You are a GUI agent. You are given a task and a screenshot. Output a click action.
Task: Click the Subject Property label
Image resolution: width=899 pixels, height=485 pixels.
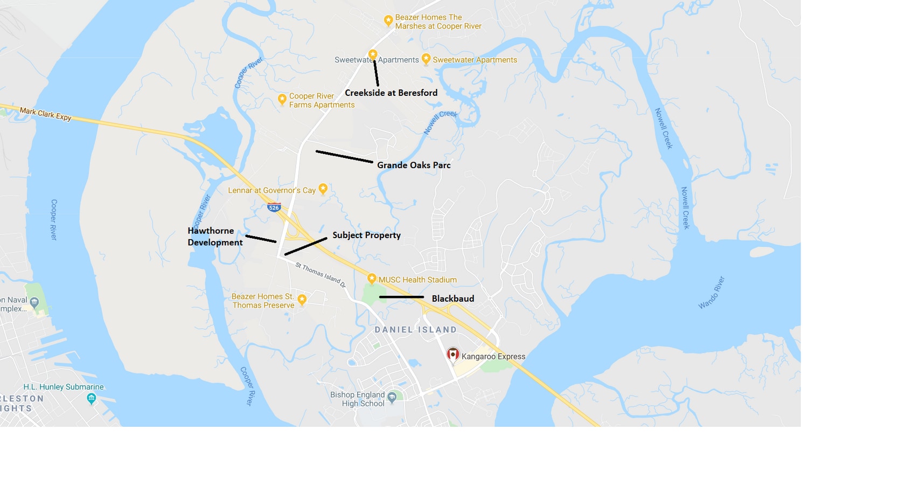[x=366, y=235]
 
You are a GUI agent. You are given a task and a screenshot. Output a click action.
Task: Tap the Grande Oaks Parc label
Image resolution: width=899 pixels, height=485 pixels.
[x=414, y=165]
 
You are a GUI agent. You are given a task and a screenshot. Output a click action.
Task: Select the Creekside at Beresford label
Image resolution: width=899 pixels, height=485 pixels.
[x=391, y=93]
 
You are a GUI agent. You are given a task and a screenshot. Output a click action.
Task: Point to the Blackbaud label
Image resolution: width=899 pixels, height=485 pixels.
[x=453, y=299]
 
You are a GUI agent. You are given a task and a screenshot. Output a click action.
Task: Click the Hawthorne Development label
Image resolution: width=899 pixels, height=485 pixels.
[x=214, y=237]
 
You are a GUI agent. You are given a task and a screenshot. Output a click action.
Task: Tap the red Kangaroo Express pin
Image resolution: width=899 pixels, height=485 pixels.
[x=453, y=355]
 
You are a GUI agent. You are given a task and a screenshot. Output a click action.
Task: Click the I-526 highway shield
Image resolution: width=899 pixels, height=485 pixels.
[x=274, y=207]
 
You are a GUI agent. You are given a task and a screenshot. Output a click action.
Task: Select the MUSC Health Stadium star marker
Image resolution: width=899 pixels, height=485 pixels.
[x=372, y=279]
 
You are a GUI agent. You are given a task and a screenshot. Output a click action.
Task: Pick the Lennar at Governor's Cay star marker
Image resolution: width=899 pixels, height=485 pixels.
[x=323, y=189]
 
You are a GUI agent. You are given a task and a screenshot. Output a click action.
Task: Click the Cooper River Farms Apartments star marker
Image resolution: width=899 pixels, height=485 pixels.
[x=282, y=99]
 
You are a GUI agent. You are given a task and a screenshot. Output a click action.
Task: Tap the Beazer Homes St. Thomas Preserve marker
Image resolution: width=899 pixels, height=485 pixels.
[x=302, y=299]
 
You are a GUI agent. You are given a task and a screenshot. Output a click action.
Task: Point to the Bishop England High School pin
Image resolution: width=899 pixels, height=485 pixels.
[x=392, y=397]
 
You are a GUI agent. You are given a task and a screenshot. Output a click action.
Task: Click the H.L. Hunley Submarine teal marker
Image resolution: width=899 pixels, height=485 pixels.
[x=92, y=398]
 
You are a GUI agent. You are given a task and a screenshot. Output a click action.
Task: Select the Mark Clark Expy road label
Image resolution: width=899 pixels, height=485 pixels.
[x=46, y=114]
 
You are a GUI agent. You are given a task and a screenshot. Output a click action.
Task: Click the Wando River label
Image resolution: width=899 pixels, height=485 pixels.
[x=712, y=293]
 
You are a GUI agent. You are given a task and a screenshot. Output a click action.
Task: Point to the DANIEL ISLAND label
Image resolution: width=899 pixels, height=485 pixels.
[x=415, y=330]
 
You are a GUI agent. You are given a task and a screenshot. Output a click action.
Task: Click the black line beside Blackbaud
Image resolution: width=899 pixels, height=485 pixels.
[x=401, y=297]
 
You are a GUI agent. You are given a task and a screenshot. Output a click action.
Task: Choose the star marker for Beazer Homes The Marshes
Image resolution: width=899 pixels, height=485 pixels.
[x=388, y=20]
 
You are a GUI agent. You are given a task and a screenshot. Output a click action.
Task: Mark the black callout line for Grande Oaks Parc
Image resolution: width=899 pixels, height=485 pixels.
[x=344, y=157]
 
